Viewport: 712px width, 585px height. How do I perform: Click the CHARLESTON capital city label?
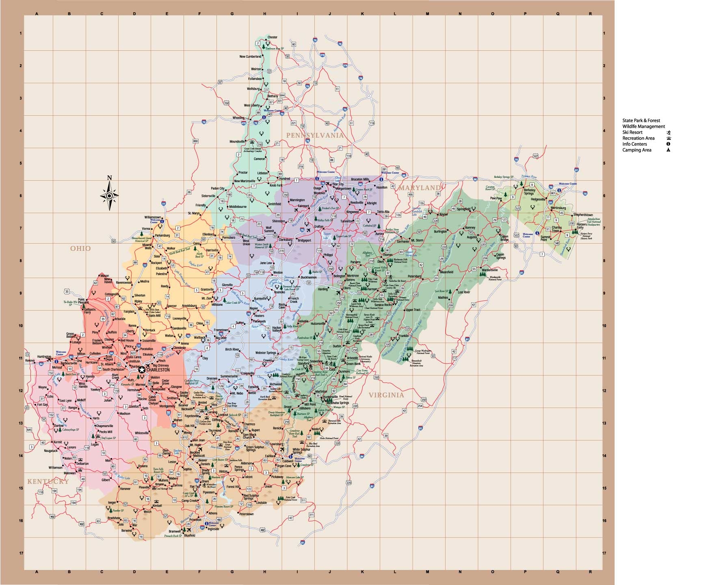click(158, 370)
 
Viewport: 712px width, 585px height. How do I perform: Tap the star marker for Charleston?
click(142, 369)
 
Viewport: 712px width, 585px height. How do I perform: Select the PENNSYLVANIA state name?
click(315, 135)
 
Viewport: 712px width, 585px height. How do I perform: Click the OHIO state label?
click(80, 248)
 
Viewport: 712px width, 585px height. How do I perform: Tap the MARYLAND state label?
click(419, 188)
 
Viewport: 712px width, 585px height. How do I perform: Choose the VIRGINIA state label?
click(386, 395)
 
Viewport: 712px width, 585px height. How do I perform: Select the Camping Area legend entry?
click(637, 150)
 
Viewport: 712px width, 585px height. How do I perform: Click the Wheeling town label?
click(238, 118)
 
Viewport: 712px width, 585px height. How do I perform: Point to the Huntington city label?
click(44, 357)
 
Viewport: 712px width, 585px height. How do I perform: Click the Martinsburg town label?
click(558, 208)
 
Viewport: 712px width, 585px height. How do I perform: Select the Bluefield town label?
click(189, 535)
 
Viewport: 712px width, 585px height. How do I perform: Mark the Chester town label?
click(272, 37)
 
